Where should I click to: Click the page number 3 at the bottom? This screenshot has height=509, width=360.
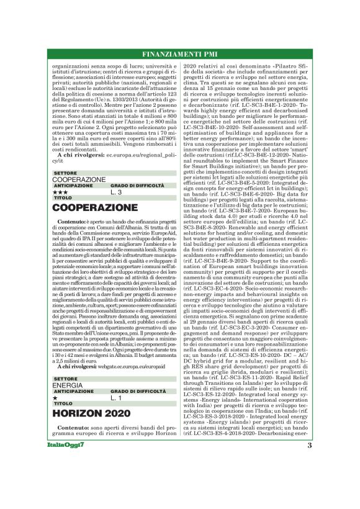coord(309,462)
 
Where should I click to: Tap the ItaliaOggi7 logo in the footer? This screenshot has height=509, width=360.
coord(70,462)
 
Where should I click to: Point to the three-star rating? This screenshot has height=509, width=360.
coord(60,192)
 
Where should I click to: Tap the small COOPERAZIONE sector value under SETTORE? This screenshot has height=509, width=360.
coord(79,179)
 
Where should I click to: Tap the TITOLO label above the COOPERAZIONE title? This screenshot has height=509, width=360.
coord(63,198)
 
